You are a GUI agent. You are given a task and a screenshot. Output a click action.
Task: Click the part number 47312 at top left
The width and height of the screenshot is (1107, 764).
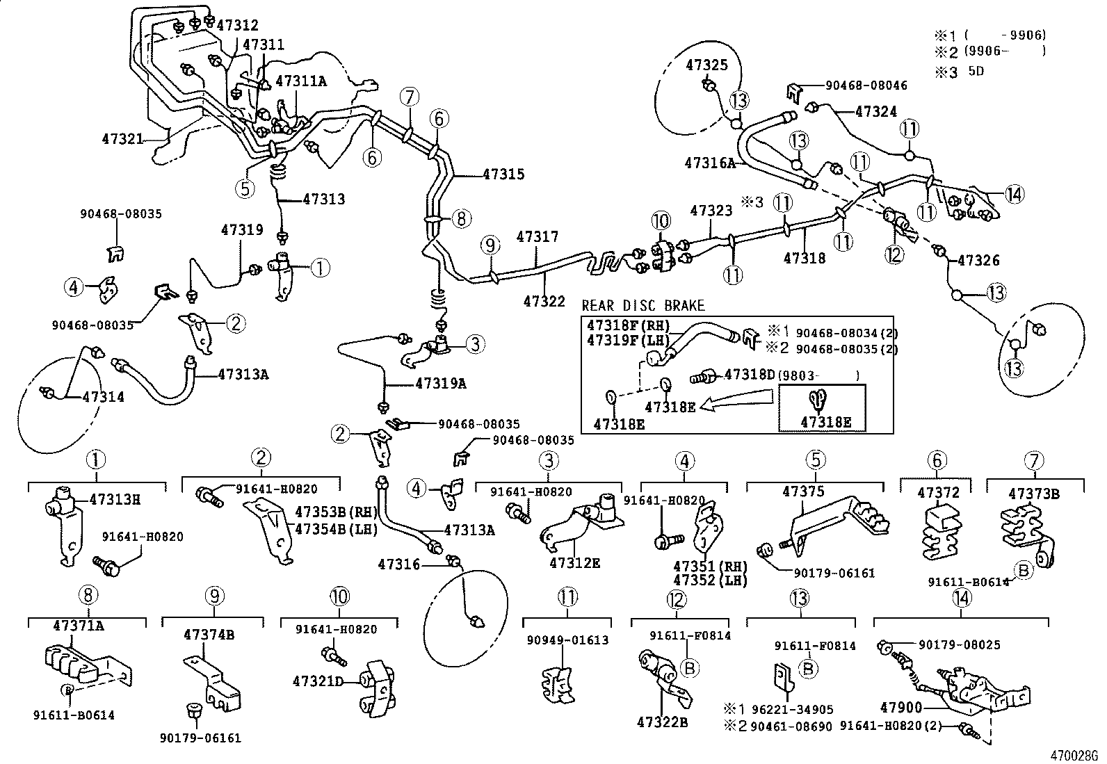(237, 26)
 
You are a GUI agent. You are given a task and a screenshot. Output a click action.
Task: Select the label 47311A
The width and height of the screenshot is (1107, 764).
(300, 81)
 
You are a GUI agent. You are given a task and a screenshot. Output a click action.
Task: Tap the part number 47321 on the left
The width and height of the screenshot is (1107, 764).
(122, 139)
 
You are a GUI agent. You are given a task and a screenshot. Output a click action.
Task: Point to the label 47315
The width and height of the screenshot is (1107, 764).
(503, 174)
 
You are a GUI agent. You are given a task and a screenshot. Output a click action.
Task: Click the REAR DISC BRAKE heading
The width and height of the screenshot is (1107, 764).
(643, 306)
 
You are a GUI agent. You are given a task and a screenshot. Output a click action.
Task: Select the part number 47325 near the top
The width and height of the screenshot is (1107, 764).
(706, 65)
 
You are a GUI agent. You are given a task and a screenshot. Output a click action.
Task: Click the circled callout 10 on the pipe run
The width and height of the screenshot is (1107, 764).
(661, 222)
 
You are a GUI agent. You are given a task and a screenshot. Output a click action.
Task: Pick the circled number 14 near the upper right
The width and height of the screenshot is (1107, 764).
(1015, 195)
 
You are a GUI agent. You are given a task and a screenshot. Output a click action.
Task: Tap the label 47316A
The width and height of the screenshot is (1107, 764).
(709, 163)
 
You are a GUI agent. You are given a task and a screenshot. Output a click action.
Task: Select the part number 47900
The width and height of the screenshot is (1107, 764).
(900, 708)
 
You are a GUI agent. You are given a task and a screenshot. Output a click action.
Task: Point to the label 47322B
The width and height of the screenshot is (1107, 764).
(662, 723)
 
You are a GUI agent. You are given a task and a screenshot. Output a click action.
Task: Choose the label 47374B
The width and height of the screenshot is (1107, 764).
(209, 635)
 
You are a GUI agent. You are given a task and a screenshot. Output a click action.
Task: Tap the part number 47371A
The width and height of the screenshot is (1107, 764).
(78, 626)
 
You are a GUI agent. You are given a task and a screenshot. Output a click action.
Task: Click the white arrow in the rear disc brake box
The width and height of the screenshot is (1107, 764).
(737, 401)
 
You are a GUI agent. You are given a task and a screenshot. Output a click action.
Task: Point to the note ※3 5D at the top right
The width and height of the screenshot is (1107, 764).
(959, 71)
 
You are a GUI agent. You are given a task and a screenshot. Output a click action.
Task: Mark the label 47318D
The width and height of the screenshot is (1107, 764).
(749, 375)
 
